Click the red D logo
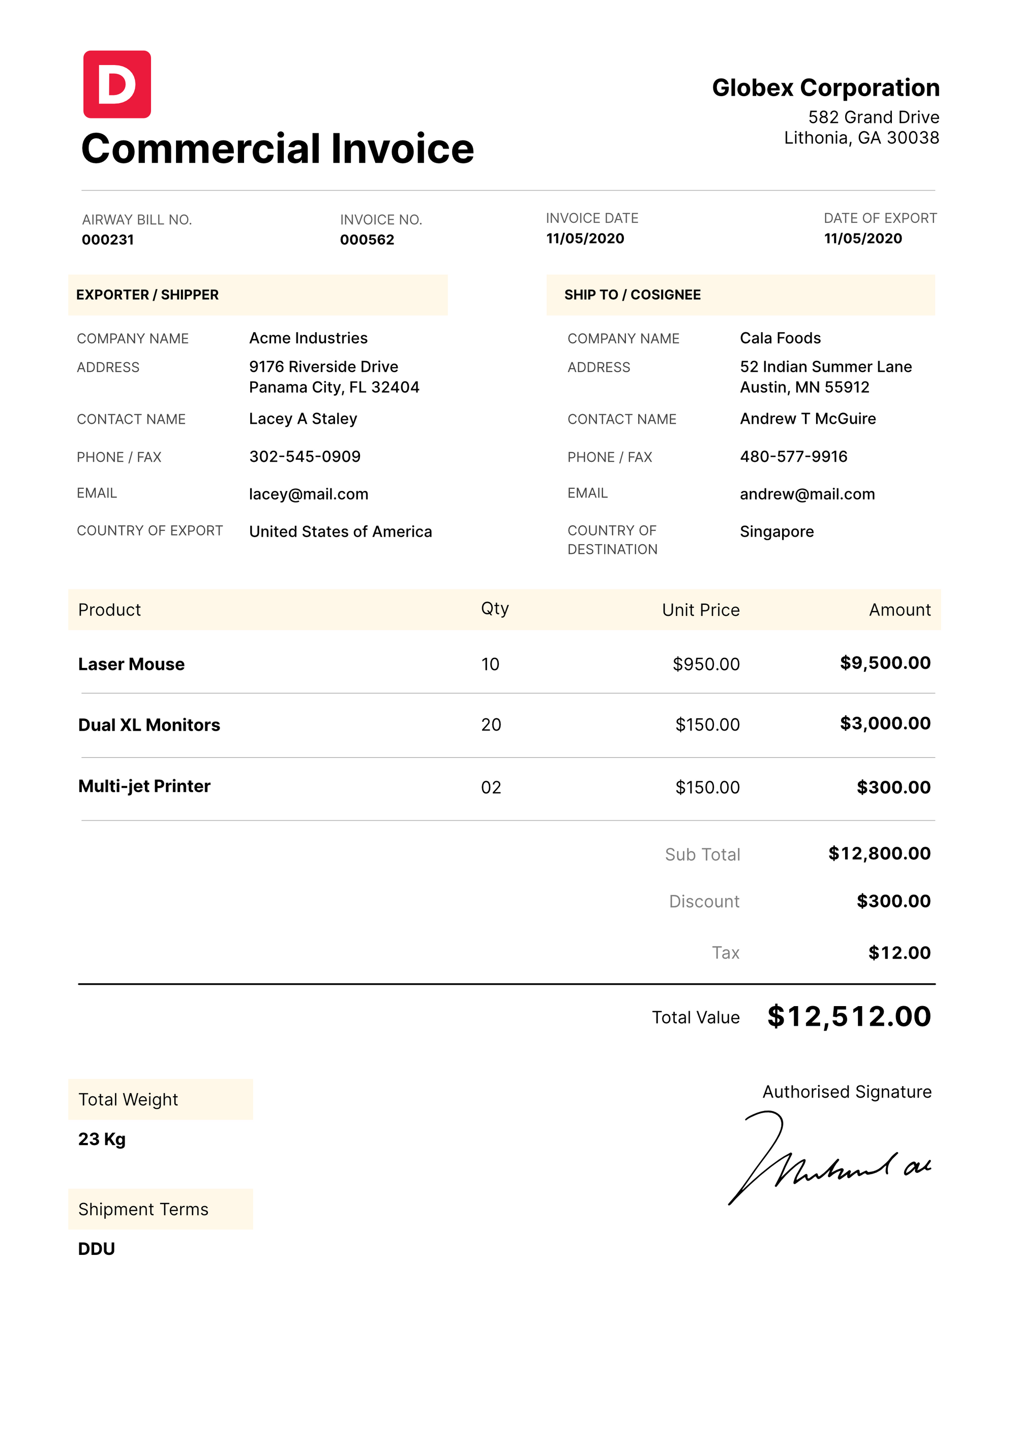tap(117, 84)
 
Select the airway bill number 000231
tap(108, 240)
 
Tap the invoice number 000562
tap(367, 240)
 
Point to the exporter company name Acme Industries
tap(308, 338)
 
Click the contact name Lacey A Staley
tap(303, 419)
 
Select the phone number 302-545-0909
tap(305, 457)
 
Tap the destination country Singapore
tap(776, 532)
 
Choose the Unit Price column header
tap(701, 610)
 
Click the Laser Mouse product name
tap(132, 664)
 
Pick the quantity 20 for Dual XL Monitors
tap(491, 725)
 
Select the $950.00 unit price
tap(706, 664)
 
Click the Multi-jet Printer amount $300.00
tap(893, 787)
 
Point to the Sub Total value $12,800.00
tap(879, 854)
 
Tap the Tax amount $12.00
tap(899, 953)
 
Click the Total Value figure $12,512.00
tap(849, 1016)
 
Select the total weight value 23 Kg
tap(102, 1139)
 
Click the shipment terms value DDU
tap(97, 1249)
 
